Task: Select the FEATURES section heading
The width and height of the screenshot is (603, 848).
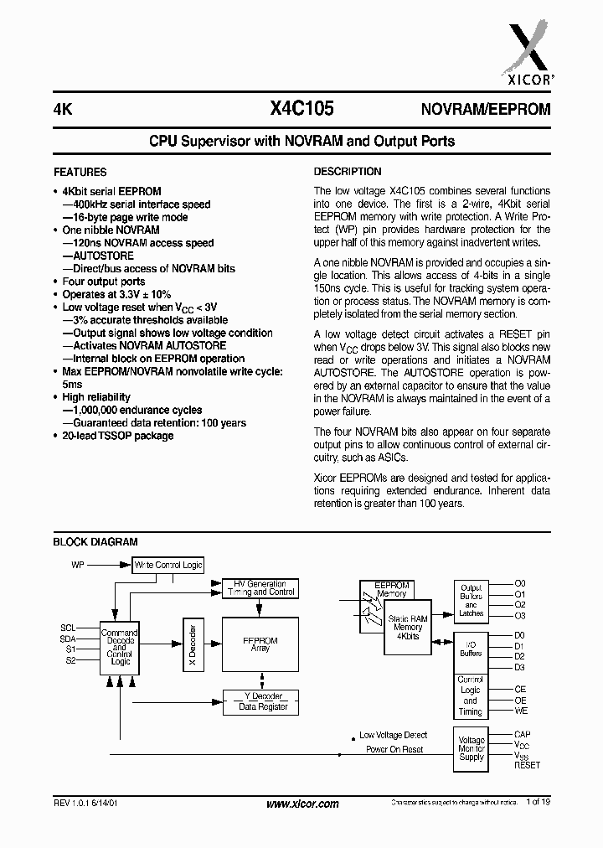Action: click(80, 172)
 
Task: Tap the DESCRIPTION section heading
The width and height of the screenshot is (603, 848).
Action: click(348, 172)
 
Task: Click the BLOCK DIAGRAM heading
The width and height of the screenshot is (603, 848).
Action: click(95, 542)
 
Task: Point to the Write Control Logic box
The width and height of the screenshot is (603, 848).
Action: click(168, 566)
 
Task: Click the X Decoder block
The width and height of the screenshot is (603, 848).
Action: click(192, 645)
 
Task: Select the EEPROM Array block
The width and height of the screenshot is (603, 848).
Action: click(260, 644)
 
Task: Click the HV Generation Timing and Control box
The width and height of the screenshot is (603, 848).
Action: click(260, 587)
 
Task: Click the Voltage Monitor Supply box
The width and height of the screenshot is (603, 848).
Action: click(472, 748)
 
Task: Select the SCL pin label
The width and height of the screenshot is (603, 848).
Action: click(68, 627)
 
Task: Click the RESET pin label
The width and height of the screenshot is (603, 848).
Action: click(527, 765)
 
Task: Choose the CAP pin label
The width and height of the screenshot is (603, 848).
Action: click(522, 734)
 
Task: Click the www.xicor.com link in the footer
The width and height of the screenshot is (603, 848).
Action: click(302, 804)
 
